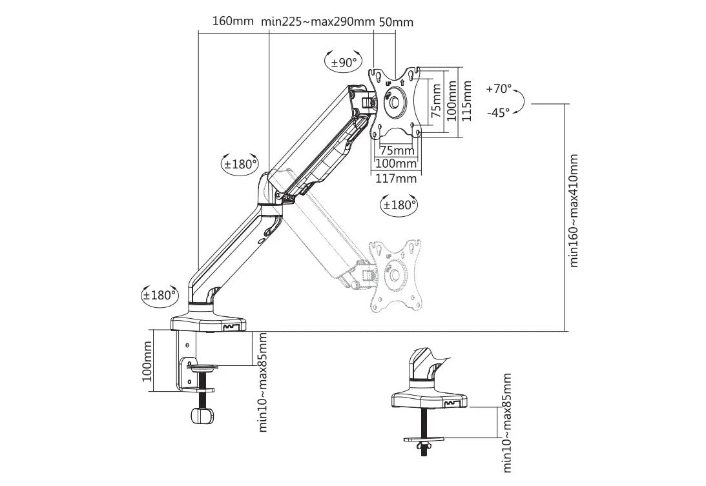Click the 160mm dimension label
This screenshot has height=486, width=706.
(233, 21)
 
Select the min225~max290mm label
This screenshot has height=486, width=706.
(318, 21)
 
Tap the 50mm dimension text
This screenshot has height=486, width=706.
(396, 21)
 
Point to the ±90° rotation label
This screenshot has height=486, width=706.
(344, 63)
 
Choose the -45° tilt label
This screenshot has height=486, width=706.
(499, 112)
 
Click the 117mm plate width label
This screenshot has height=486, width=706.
(396, 178)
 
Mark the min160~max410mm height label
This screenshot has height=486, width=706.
(574, 210)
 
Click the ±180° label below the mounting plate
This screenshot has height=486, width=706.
(399, 205)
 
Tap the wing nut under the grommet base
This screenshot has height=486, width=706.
(424, 445)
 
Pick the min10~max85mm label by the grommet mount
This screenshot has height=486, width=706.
(507, 424)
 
